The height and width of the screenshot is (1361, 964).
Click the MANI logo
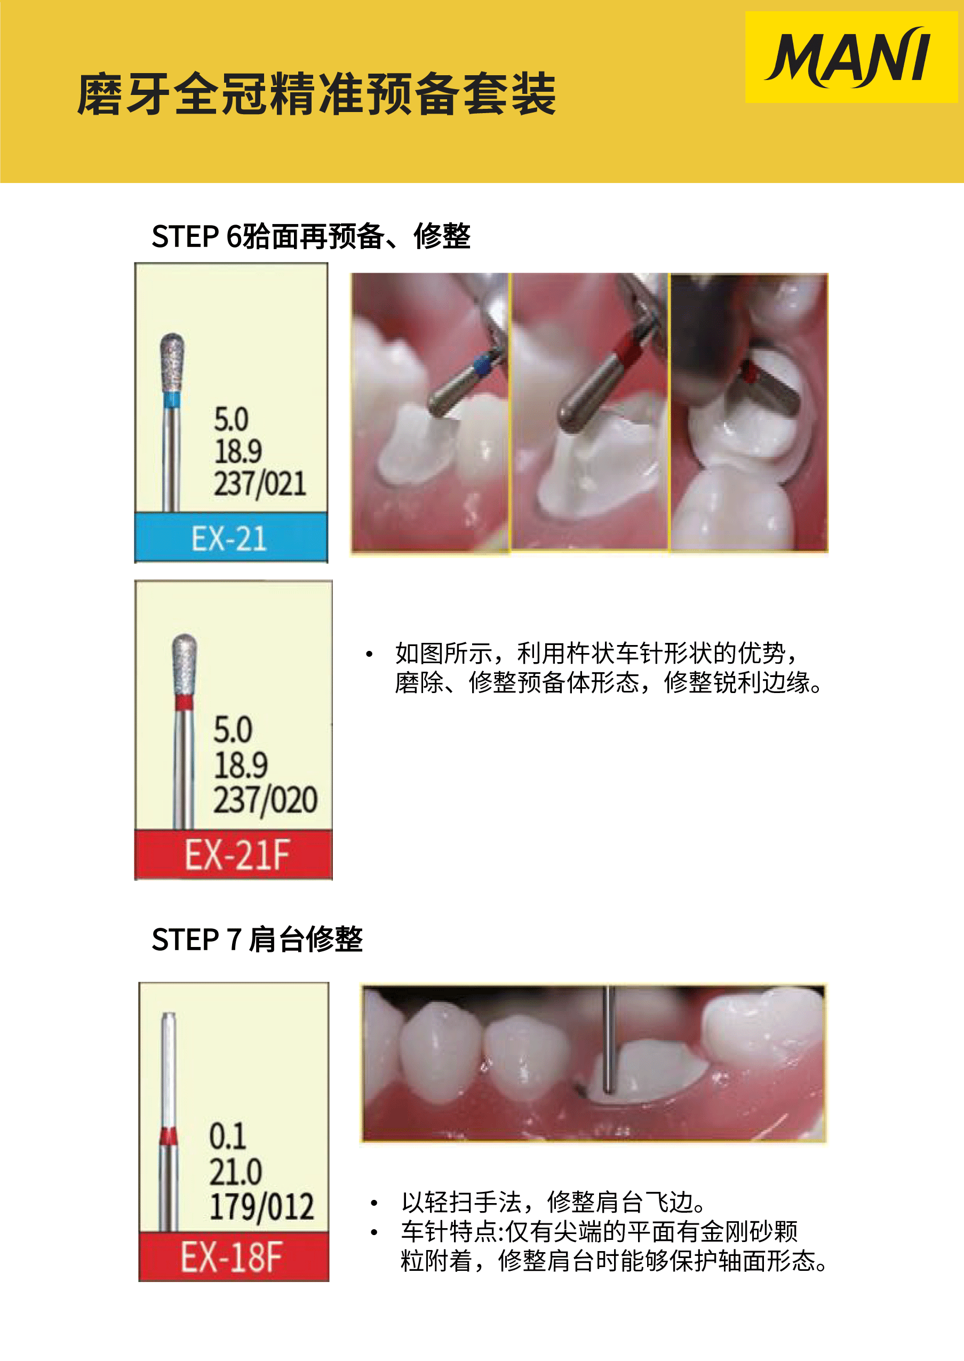click(x=849, y=57)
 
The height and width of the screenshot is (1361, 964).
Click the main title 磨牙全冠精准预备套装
click(x=316, y=94)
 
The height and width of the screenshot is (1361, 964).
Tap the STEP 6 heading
click(x=311, y=236)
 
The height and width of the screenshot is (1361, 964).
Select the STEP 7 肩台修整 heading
click(x=257, y=940)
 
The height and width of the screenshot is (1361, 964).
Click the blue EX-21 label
click(x=231, y=538)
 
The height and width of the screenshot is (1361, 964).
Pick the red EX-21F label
click(x=233, y=854)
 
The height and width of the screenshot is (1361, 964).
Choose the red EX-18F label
click(x=233, y=1256)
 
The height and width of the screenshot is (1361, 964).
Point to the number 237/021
click(x=260, y=484)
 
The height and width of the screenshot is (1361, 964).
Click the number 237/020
click(x=265, y=800)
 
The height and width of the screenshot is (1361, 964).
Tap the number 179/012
click(x=262, y=1206)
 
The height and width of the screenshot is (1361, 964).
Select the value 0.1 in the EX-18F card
click(x=227, y=1136)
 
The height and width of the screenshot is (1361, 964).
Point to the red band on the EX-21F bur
click(x=184, y=703)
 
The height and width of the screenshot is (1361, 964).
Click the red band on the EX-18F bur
click(x=169, y=1135)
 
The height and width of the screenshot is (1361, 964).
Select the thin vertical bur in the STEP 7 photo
click(x=608, y=1039)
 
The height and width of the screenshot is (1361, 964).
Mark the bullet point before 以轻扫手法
click(x=374, y=1203)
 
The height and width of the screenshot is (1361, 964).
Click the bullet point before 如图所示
click(x=369, y=654)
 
